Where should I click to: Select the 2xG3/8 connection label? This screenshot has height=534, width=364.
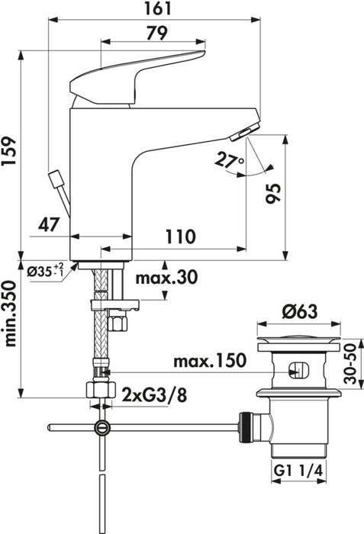coord(153,394)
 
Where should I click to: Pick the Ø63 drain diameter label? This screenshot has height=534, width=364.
coord(297,311)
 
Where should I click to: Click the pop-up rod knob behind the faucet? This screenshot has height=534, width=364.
coord(55,179)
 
